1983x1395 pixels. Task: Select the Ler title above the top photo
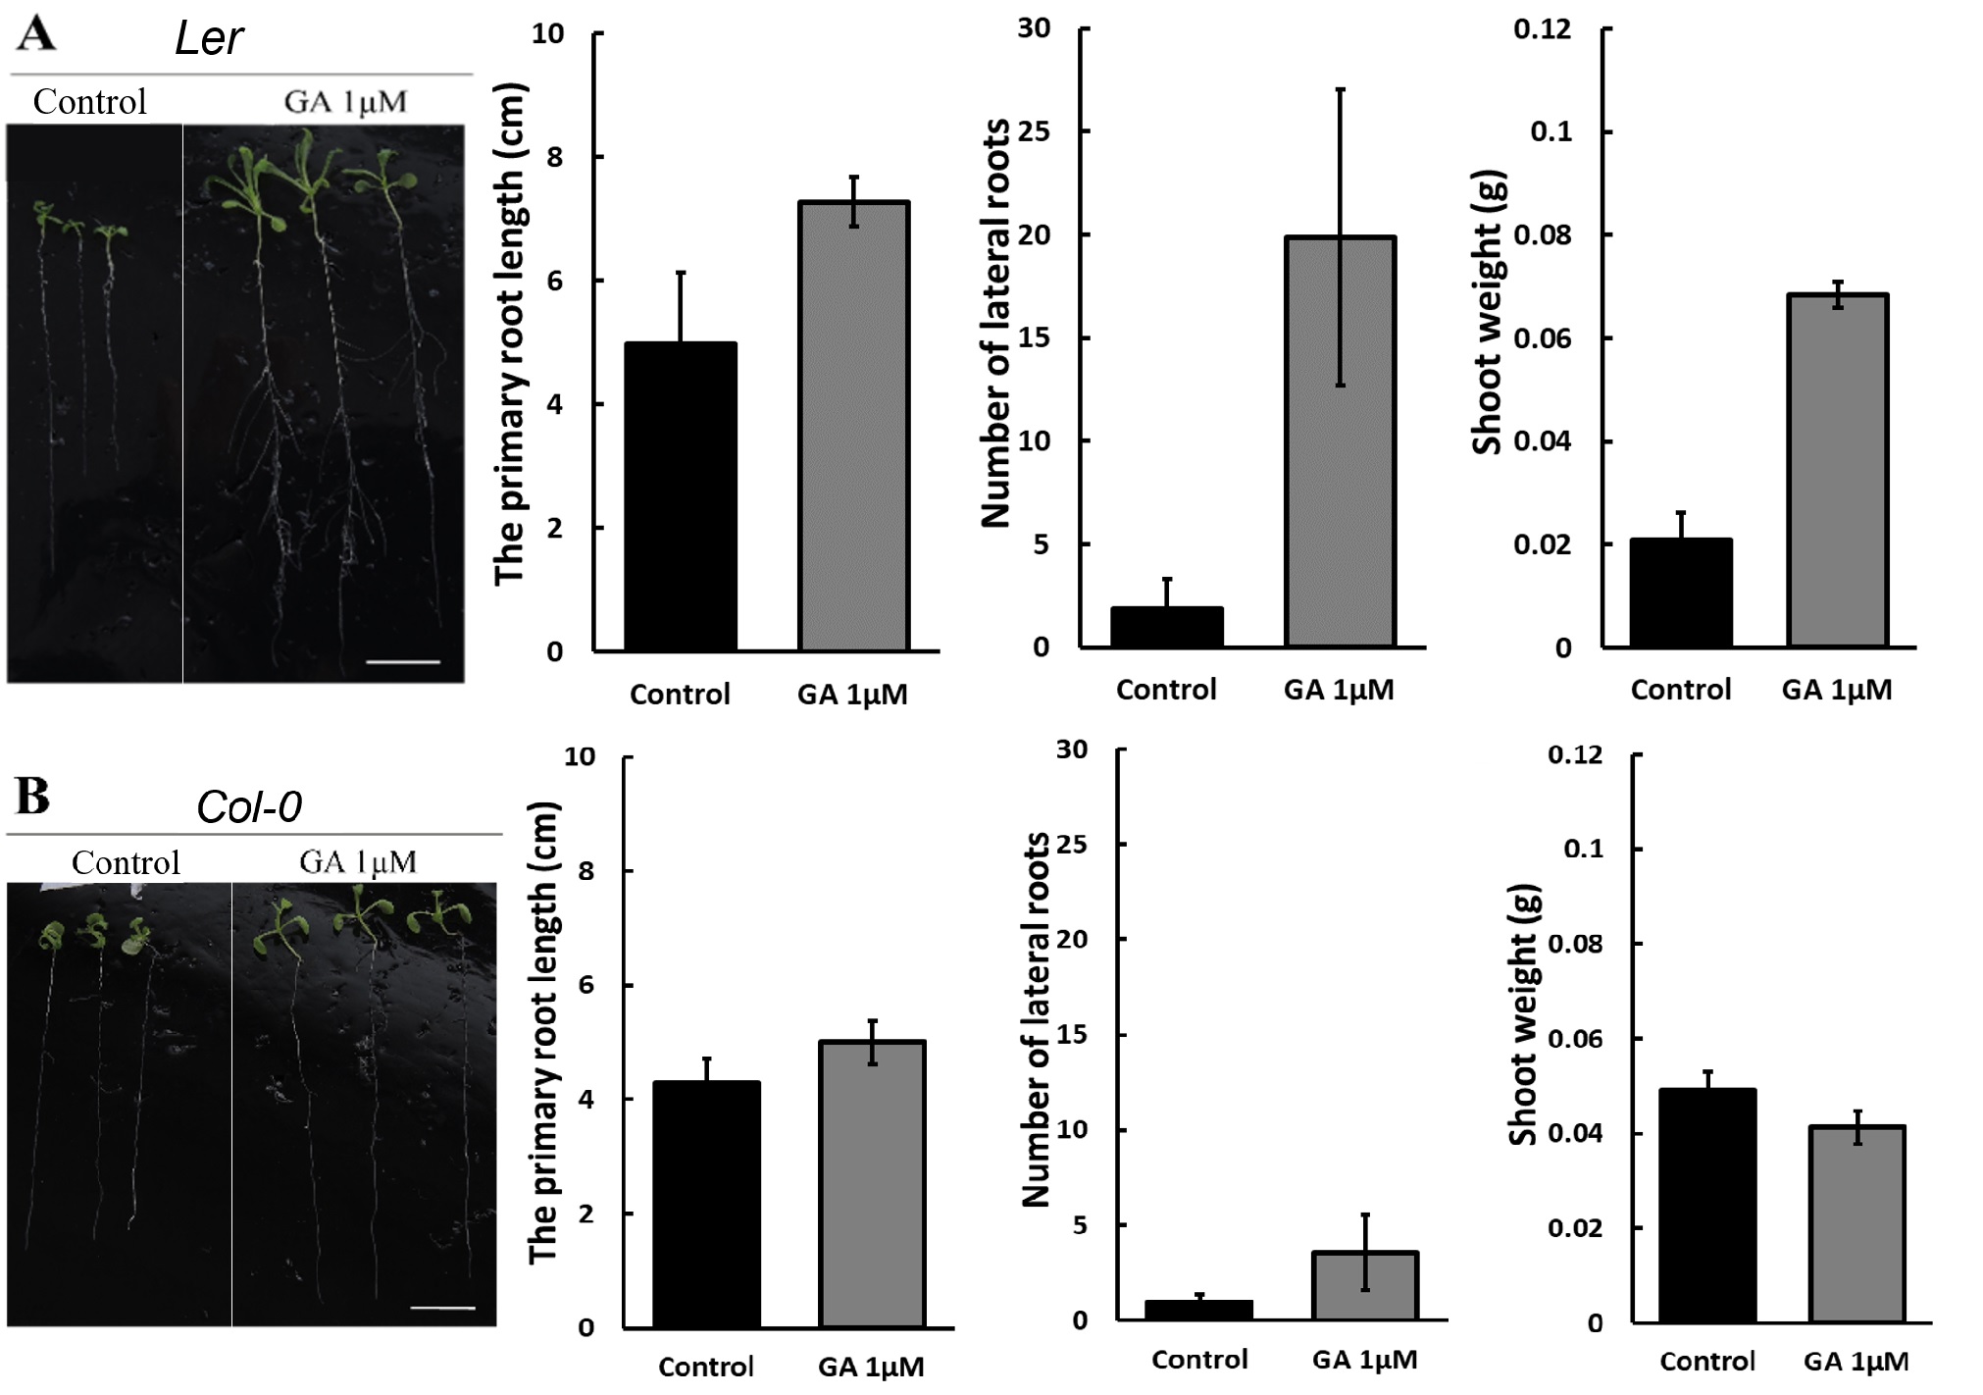pyautogui.click(x=209, y=39)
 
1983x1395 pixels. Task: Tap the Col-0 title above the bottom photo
pyautogui.click(x=249, y=807)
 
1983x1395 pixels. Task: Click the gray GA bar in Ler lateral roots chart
pyautogui.click(x=1340, y=441)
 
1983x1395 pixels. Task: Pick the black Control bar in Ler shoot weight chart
pyautogui.click(x=1681, y=593)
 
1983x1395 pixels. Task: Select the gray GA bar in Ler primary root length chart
pyautogui.click(x=853, y=426)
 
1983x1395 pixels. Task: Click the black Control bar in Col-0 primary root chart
pyautogui.click(x=706, y=1204)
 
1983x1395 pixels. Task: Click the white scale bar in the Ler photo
pyautogui.click(x=402, y=662)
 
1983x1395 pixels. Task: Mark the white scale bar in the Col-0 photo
pyautogui.click(x=443, y=1308)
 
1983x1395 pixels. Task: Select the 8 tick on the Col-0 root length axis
pyautogui.click(x=585, y=871)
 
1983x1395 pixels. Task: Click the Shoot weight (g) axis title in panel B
pyautogui.click(x=1523, y=1015)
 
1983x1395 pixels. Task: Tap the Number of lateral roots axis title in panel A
pyautogui.click(x=995, y=324)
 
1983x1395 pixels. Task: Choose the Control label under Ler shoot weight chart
pyautogui.click(x=1681, y=690)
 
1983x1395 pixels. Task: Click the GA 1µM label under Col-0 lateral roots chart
pyautogui.click(x=1365, y=1360)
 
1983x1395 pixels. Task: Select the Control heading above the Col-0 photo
pyautogui.click(x=126, y=862)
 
